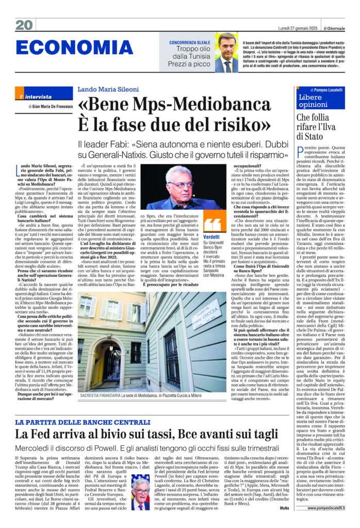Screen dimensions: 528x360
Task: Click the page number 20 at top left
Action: pyautogui.click(x=24, y=24)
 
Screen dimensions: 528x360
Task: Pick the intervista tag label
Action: pyautogui.click(x=39, y=96)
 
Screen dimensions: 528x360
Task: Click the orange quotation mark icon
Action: pyautogui.click(x=212, y=224)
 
